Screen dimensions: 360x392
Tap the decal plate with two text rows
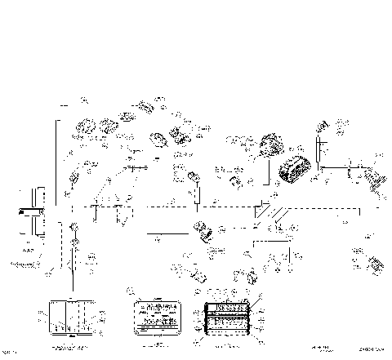tap(154, 313)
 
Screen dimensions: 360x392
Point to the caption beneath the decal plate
tap(154, 346)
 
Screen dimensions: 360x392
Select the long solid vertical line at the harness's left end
tap(56, 163)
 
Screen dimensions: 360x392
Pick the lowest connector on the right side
tap(375, 264)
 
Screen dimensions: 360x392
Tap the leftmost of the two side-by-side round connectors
tap(85, 129)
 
